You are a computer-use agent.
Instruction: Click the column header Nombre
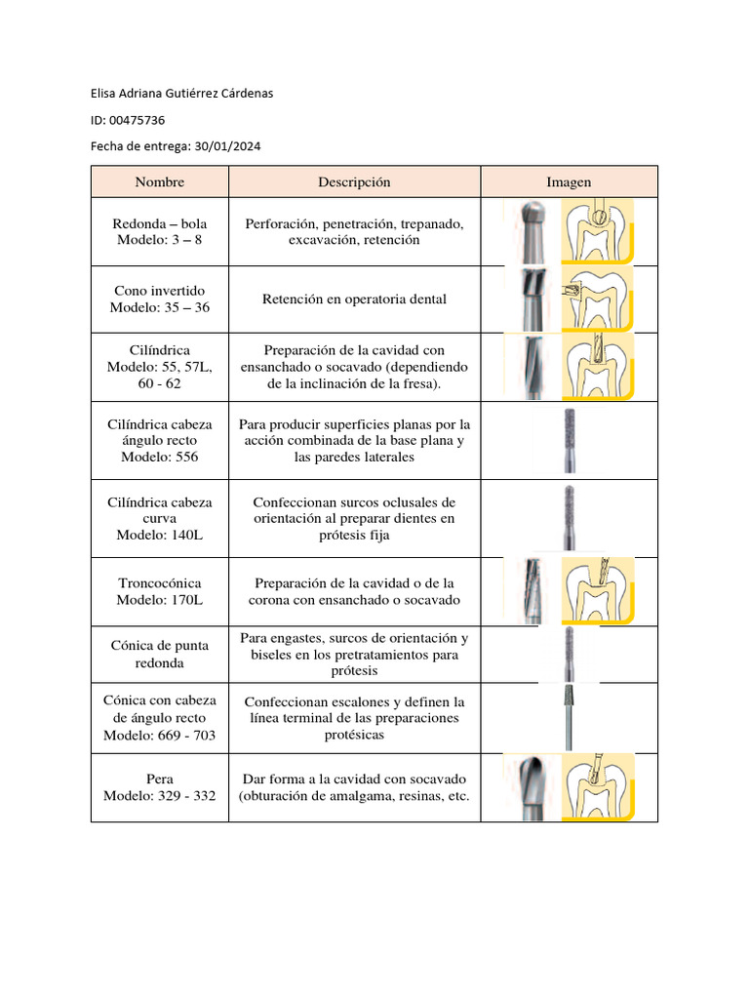click(x=159, y=182)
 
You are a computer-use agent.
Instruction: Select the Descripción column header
click(x=354, y=182)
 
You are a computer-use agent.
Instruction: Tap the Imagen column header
click(x=569, y=182)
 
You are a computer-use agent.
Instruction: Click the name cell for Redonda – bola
click(x=159, y=231)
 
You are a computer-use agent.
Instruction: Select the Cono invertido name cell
click(x=159, y=300)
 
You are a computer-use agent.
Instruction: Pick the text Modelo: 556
click(x=159, y=457)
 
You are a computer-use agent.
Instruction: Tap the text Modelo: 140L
click(x=159, y=536)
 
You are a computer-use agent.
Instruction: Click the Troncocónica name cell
click(x=159, y=591)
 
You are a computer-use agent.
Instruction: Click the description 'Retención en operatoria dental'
click(x=354, y=300)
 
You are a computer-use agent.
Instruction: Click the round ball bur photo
click(x=531, y=231)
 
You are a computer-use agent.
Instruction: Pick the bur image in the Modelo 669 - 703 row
click(x=569, y=717)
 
